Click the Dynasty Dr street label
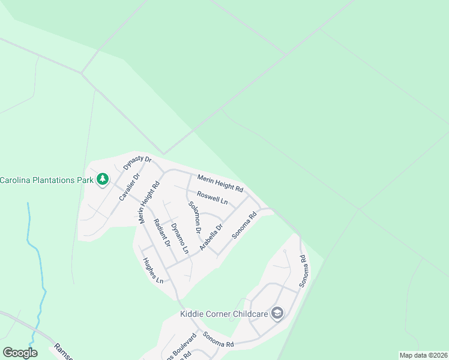[x=137, y=163]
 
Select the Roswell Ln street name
[x=213, y=198]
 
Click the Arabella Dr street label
[x=211, y=236]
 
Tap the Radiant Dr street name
[x=163, y=233]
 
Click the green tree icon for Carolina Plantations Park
[x=103, y=179]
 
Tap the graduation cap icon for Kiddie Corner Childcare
[x=277, y=313]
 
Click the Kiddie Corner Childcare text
[x=223, y=314]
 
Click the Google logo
[x=20, y=353]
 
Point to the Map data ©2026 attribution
[x=423, y=355]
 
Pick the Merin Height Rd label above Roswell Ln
[x=220, y=184]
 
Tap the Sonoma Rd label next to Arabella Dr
[x=244, y=225]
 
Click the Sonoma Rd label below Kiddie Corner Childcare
[x=217, y=340]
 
